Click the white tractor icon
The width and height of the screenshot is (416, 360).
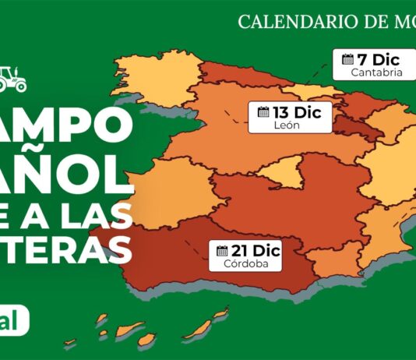[x=13, y=78]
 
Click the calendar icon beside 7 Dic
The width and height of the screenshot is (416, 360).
[x=347, y=58]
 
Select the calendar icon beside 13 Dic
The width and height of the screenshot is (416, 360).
[x=263, y=111]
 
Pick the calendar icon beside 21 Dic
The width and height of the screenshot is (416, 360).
[x=222, y=250]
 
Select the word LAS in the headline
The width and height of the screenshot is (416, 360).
[x=97, y=209]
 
